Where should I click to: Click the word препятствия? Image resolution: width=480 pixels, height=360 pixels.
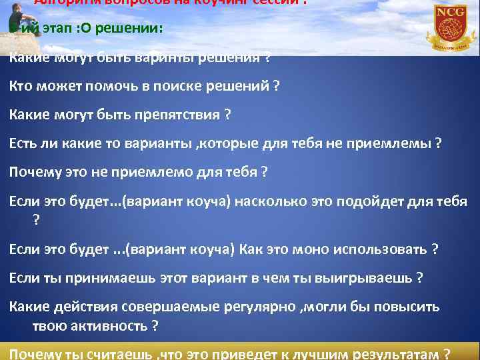click(x=179, y=115)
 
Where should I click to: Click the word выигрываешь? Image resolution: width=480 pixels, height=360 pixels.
click(x=364, y=278)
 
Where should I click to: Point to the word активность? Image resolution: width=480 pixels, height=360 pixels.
click(x=106, y=326)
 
